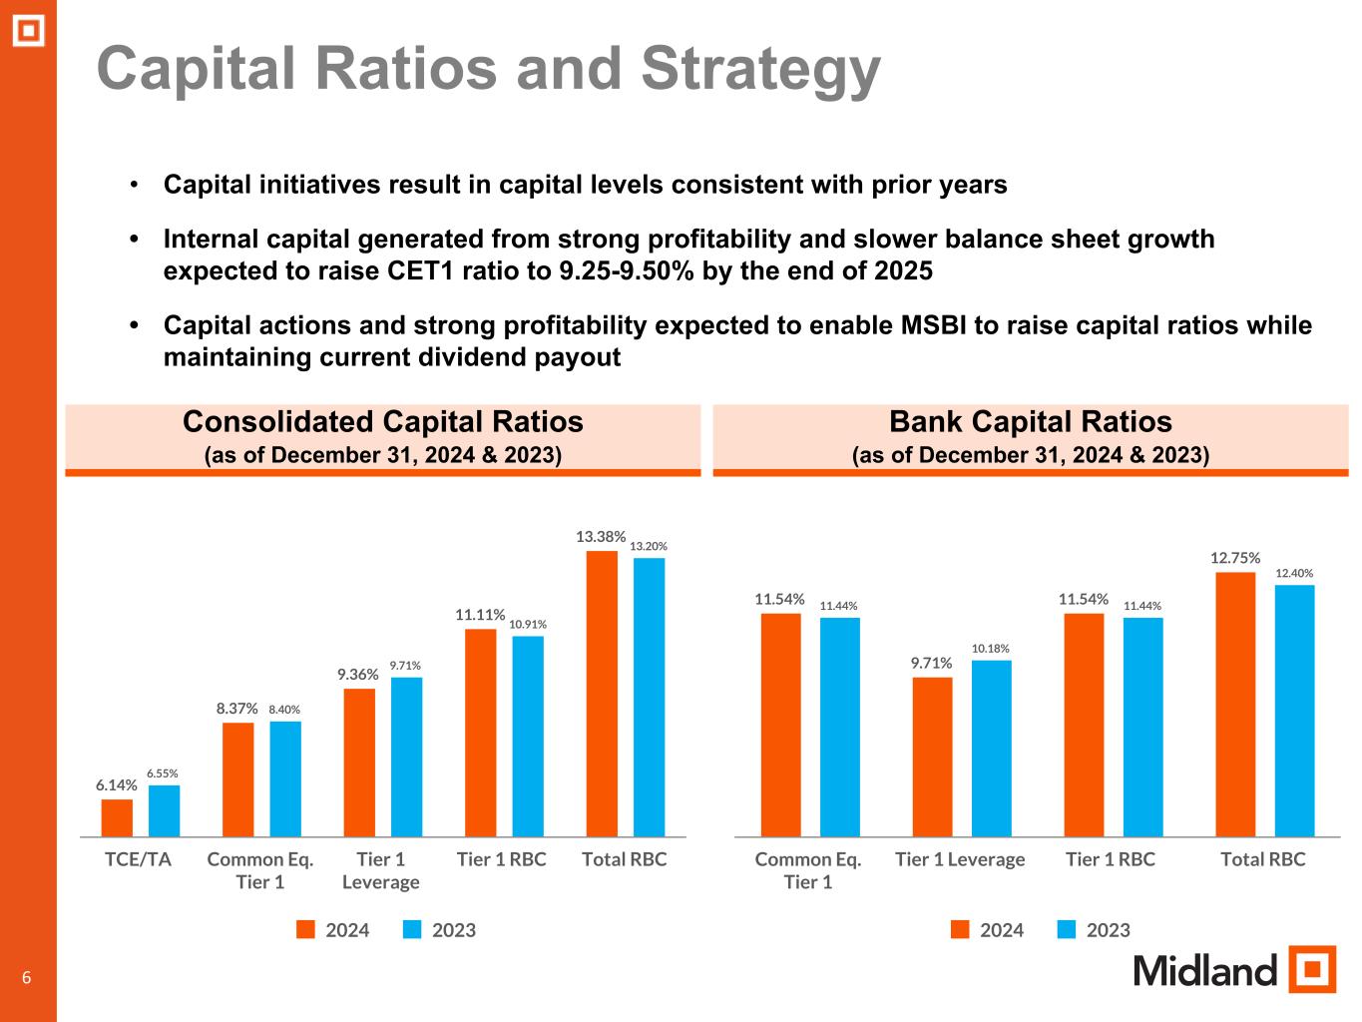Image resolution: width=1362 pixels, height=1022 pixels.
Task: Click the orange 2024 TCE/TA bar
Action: (x=117, y=817)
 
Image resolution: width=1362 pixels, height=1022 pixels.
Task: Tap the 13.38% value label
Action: (x=601, y=537)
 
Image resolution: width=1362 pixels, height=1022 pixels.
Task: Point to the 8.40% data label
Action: (x=284, y=710)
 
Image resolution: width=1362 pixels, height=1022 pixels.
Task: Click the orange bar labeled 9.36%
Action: (x=359, y=763)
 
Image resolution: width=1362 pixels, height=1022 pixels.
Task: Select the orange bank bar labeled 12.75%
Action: (x=1235, y=704)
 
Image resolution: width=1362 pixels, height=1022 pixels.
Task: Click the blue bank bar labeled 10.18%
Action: (x=991, y=748)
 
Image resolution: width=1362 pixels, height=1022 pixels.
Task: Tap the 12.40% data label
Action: (x=1294, y=573)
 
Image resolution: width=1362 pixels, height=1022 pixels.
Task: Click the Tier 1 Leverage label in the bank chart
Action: (x=960, y=859)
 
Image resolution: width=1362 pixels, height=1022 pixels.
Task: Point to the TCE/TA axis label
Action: (x=139, y=859)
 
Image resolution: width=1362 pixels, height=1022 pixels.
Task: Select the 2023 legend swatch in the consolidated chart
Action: (x=413, y=930)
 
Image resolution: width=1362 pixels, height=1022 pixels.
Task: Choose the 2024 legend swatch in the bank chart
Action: (x=960, y=930)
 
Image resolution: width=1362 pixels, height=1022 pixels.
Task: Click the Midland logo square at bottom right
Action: (x=1311, y=969)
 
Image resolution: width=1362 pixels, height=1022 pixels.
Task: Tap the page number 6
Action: (x=27, y=978)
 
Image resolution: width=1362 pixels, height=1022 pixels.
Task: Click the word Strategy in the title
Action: (x=760, y=70)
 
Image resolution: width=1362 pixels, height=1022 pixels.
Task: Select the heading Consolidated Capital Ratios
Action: (x=383, y=422)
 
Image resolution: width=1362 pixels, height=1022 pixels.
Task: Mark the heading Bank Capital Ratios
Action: (x=1030, y=422)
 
